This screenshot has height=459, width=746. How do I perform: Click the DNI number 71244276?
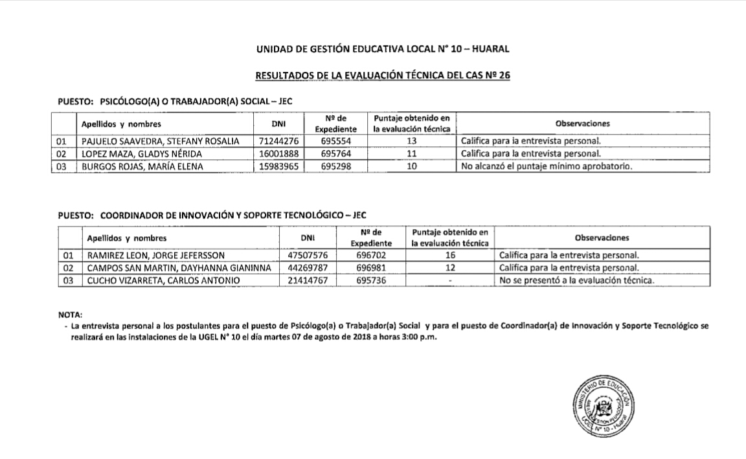[277, 141]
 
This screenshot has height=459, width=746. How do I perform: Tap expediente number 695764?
[336, 153]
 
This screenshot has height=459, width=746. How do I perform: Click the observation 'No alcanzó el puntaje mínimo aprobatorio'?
[546, 166]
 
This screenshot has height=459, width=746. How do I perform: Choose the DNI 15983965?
[277, 166]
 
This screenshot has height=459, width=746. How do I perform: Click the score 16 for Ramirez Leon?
[451, 255]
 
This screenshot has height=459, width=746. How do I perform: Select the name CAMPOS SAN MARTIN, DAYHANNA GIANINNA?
[179, 267]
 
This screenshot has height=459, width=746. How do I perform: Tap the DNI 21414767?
[308, 280]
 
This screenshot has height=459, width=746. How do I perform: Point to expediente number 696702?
[372, 255]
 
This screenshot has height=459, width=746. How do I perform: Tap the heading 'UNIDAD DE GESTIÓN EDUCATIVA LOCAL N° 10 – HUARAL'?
[383, 49]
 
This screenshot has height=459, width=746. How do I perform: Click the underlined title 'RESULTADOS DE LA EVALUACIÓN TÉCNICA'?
[383, 76]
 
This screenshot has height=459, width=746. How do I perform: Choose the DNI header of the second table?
[308, 238]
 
